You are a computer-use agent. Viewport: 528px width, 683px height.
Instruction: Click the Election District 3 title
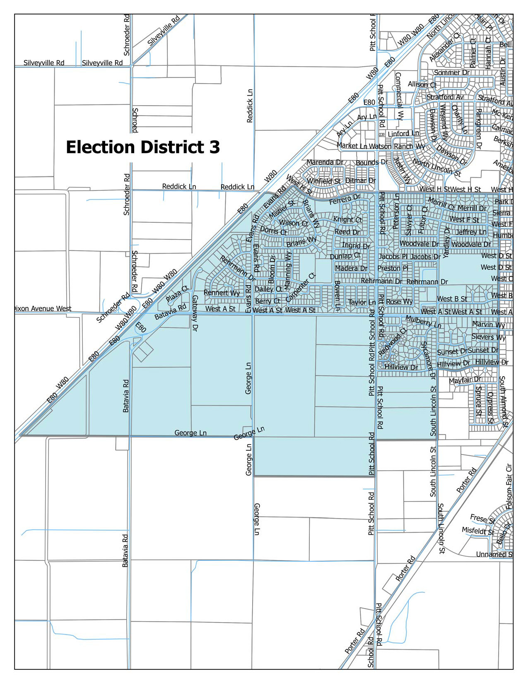(x=143, y=147)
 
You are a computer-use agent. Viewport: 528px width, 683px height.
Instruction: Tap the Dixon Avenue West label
(x=42, y=309)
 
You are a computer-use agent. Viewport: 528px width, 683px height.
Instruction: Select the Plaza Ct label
(x=177, y=293)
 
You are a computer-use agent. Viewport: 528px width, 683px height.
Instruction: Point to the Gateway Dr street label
(x=195, y=313)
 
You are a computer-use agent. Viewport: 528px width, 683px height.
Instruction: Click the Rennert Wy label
(x=222, y=293)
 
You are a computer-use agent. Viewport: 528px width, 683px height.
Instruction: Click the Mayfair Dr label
(x=465, y=380)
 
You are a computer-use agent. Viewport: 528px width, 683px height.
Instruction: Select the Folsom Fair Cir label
(x=509, y=486)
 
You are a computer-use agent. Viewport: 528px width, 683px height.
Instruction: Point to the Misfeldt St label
(x=478, y=531)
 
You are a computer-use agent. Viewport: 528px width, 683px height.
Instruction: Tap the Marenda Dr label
(x=325, y=162)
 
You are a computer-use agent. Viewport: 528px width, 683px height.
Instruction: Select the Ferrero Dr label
(x=345, y=199)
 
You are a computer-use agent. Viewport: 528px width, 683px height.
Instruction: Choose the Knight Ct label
(x=347, y=219)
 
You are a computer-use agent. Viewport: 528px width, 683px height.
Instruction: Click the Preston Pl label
(x=393, y=268)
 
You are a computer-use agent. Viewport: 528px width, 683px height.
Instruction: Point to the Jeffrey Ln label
(x=471, y=232)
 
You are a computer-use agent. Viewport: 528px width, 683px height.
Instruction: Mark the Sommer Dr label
(x=452, y=73)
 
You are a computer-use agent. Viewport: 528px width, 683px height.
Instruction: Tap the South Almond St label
(x=504, y=402)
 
